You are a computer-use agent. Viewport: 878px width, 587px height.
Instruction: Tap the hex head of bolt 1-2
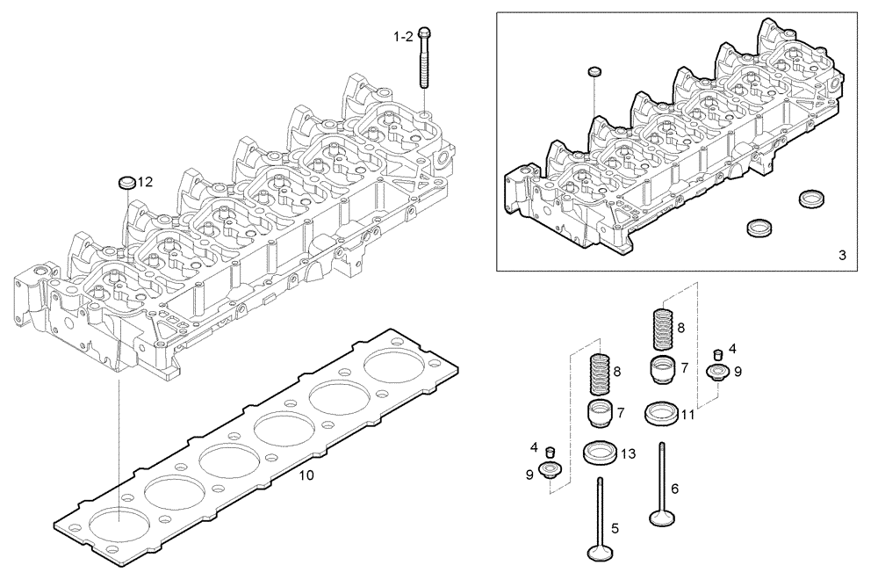(x=424, y=33)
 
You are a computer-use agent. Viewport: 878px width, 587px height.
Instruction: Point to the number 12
(x=146, y=182)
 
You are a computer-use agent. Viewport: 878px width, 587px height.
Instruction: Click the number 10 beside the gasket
(x=306, y=475)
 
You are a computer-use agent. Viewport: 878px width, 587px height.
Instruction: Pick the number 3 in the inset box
(x=841, y=256)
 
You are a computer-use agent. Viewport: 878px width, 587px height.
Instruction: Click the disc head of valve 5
(x=600, y=551)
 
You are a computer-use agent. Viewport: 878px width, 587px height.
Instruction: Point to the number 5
(x=615, y=528)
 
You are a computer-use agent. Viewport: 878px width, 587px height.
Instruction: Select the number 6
(x=674, y=489)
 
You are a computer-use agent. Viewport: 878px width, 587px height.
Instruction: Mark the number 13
(x=627, y=453)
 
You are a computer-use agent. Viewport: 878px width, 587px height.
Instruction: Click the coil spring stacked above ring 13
(x=600, y=376)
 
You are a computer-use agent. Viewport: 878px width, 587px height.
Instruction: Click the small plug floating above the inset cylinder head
(x=594, y=70)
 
